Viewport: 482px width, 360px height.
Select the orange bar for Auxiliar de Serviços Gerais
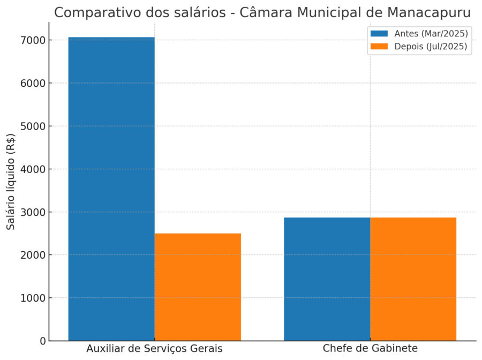198,287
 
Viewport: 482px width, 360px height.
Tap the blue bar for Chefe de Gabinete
327,279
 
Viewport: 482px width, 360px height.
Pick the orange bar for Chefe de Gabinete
413,279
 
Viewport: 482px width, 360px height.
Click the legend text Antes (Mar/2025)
431,33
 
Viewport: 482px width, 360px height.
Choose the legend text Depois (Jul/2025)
431,47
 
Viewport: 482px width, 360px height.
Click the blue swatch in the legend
379,33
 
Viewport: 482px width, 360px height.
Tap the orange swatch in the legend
379,47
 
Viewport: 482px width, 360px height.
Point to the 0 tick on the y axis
42,341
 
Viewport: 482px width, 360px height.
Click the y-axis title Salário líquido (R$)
11,181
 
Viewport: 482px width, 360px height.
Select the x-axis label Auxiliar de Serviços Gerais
154,349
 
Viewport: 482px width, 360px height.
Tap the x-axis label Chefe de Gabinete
370,349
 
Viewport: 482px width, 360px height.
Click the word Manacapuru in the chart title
426,12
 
